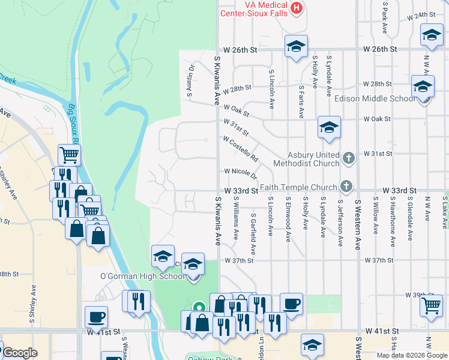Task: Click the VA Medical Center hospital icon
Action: coord(296,8)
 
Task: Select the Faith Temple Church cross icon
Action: coord(345,185)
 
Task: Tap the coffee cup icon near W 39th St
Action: coord(292,304)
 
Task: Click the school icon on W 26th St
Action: coord(295,46)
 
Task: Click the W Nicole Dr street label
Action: coord(241,173)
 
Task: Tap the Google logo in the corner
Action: coord(19,353)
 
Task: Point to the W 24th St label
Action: coord(420,15)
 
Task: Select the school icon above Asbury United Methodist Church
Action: coord(328,128)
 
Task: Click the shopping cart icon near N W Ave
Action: coord(432,304)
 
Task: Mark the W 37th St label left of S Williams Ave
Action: coord(240,260)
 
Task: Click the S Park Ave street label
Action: coord(384,18)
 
